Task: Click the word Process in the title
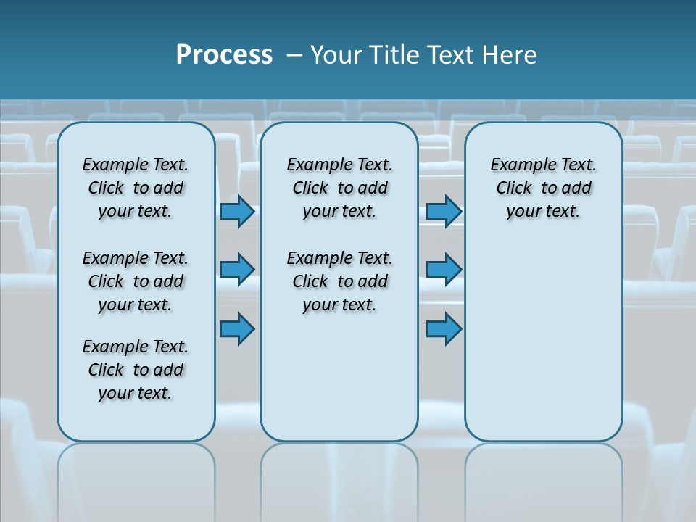(224, 54)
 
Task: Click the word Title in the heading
(395, 54)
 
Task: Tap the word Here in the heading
(511, 54)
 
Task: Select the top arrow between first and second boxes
(237, 211)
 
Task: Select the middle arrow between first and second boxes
(237, 270)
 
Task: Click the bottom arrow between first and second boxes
(237, 328)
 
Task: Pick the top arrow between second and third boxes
(444, 211)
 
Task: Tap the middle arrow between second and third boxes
(444, 270)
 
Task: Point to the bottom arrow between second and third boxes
(444, 328)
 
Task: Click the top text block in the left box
(136, 188)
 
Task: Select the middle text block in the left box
(136, 281)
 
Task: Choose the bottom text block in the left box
(136, 370)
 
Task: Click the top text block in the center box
(339, 188)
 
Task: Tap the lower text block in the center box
(339, 281)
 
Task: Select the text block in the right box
(543, 188)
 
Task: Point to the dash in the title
(294, 54)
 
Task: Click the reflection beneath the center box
(339, 478)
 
